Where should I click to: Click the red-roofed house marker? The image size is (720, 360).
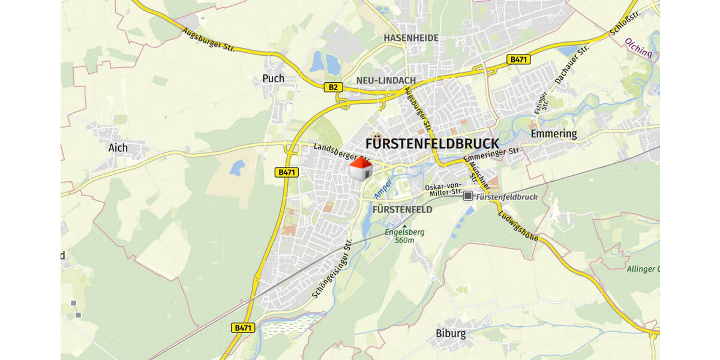click(x=360, y=170)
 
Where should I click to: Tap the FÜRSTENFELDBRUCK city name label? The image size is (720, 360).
click(x=432, y=144)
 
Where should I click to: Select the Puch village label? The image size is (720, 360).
click(x=274, y=78)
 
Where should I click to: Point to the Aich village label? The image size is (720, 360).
click(x=118, y=147)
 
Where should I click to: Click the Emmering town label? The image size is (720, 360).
click(x=553, y=133)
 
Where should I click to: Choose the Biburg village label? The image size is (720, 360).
click(x=451, y=334)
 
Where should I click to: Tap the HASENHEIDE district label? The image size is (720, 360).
click(x=411, y=38)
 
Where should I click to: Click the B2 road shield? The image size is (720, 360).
click(x=334, y=87)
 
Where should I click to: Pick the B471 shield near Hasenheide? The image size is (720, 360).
click(x=518, y=59)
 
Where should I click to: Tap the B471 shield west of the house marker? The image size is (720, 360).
click(x=287, y=172)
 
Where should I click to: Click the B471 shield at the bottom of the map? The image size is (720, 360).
click(x=243, y=328)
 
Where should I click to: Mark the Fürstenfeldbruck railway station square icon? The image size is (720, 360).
click(x=468, y=196)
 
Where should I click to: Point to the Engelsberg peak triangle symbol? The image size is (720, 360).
click(x=404, y=226)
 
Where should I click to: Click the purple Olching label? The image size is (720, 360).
click(x=638, y=49)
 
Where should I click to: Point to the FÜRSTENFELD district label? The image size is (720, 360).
click(x=402, y=209)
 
